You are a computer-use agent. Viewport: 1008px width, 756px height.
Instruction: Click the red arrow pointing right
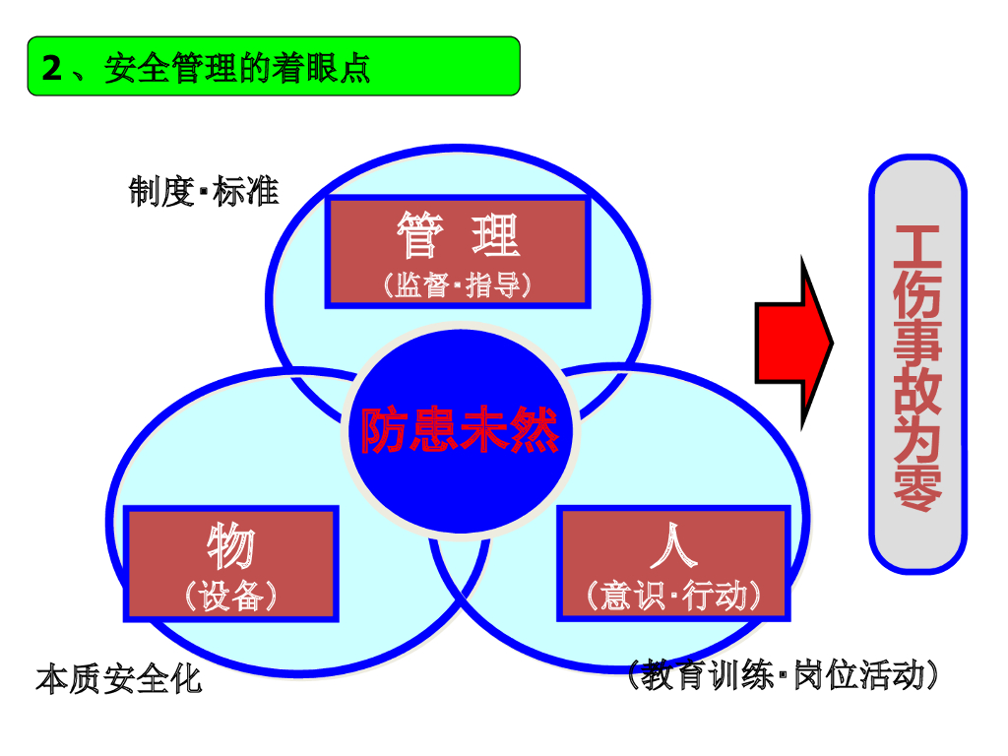pyautogui.click(x=793, y=342)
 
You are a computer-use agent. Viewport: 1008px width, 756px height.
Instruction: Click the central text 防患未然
pyautogui.click(x=460, y=431)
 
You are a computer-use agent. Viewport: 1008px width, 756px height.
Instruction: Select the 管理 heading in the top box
pyautogui.click(x=458, y=236)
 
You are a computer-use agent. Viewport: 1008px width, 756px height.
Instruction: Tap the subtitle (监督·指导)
pyautogui.click(x=458, y=285)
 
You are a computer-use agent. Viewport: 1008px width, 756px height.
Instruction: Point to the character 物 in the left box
pyautogui.click(x=231, y=546)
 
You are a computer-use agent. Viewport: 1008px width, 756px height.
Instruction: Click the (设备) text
pyautogui.click(x=231, y=596)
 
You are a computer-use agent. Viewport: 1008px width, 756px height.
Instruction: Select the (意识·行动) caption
pyautogui.click(x=674, y=596)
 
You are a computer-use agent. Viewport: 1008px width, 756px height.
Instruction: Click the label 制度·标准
pyautogui.click(x=204, y=192)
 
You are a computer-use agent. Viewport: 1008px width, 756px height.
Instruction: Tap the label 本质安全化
pyautogui.click(x=118, y=679)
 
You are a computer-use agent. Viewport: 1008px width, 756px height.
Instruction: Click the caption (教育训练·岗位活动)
pyautogui.click(x=783, y=676)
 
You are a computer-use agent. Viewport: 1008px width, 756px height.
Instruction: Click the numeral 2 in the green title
pyautogui.click(x=52, y=68)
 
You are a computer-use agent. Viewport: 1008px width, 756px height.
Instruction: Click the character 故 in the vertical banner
pyautogui.click(x=917, y=392)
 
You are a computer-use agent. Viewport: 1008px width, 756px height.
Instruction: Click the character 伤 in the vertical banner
pyautogui.click(x=917, y=293)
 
